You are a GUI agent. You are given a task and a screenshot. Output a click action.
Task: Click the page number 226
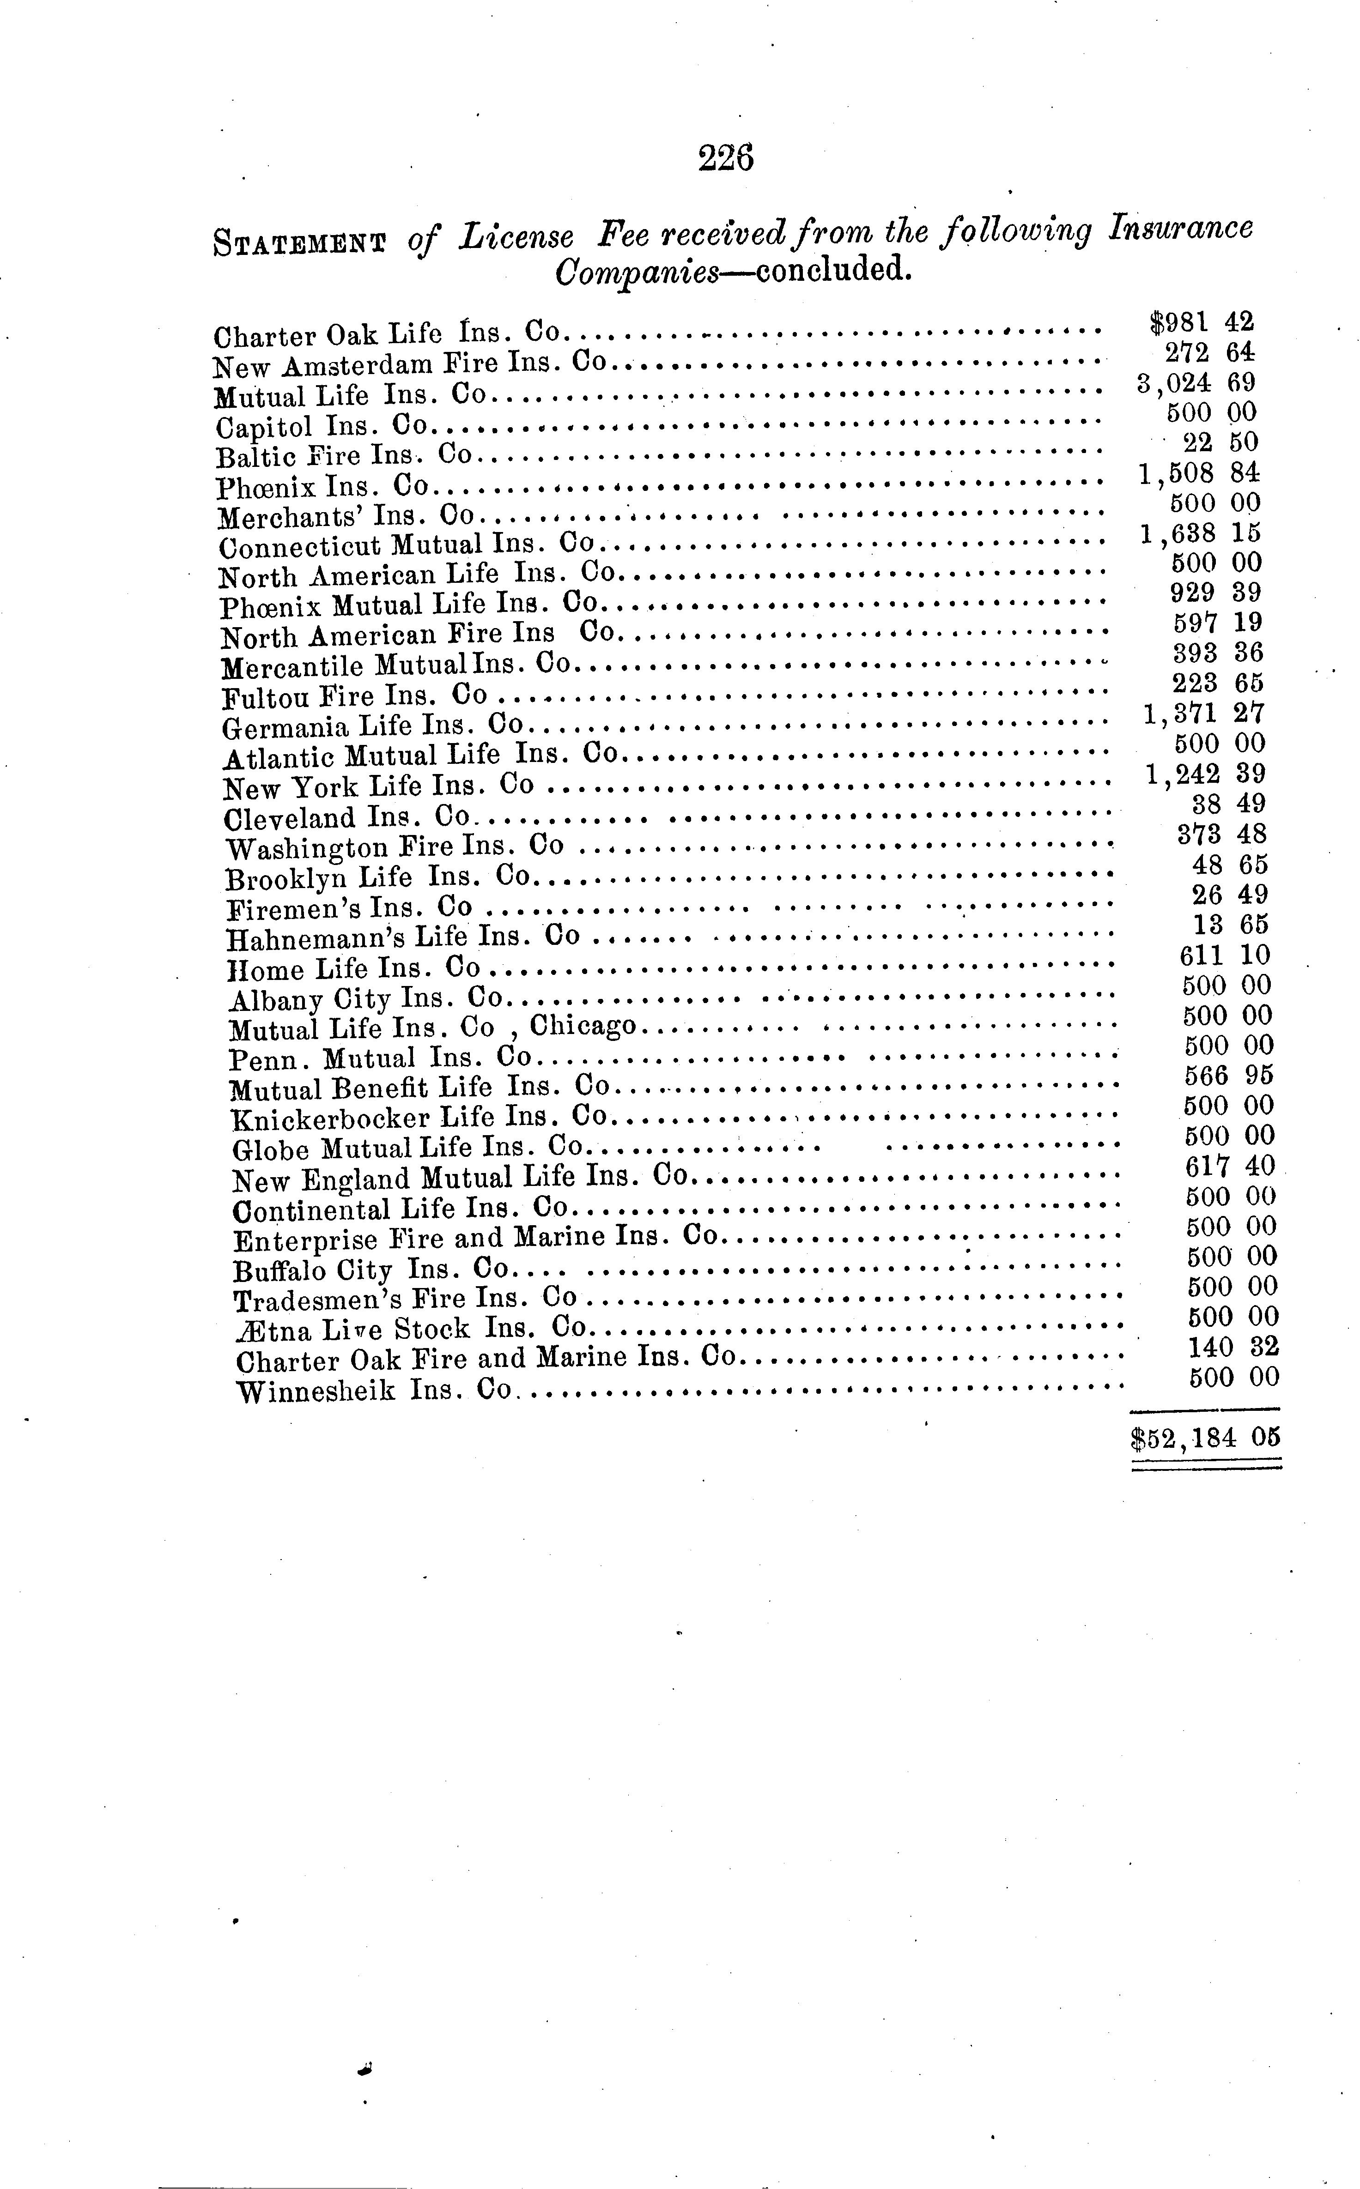click(x=725, y=158)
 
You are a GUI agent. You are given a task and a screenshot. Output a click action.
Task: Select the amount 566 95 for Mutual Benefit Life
click(x=1228, y=1075)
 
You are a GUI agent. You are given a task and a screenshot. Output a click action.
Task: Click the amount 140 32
click(x=1233, y=1347)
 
